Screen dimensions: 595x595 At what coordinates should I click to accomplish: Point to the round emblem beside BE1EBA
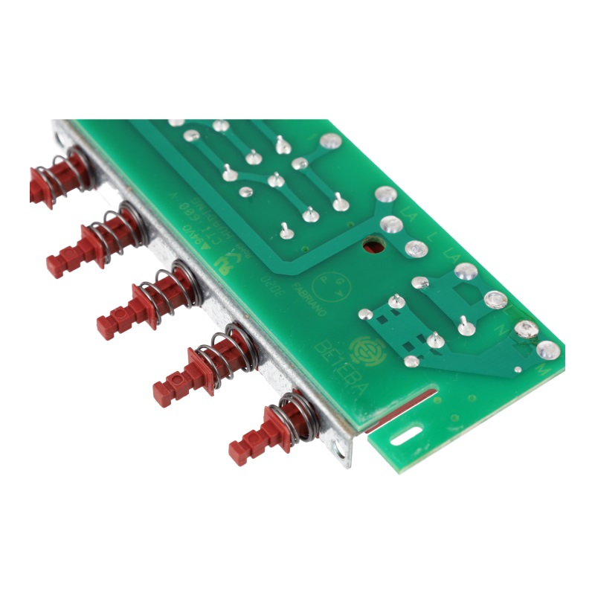[x=367, y=349]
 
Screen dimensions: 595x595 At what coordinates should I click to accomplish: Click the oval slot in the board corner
[x=406, y=437]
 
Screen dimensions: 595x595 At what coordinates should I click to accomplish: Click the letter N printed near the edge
[x=521, y=344]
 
